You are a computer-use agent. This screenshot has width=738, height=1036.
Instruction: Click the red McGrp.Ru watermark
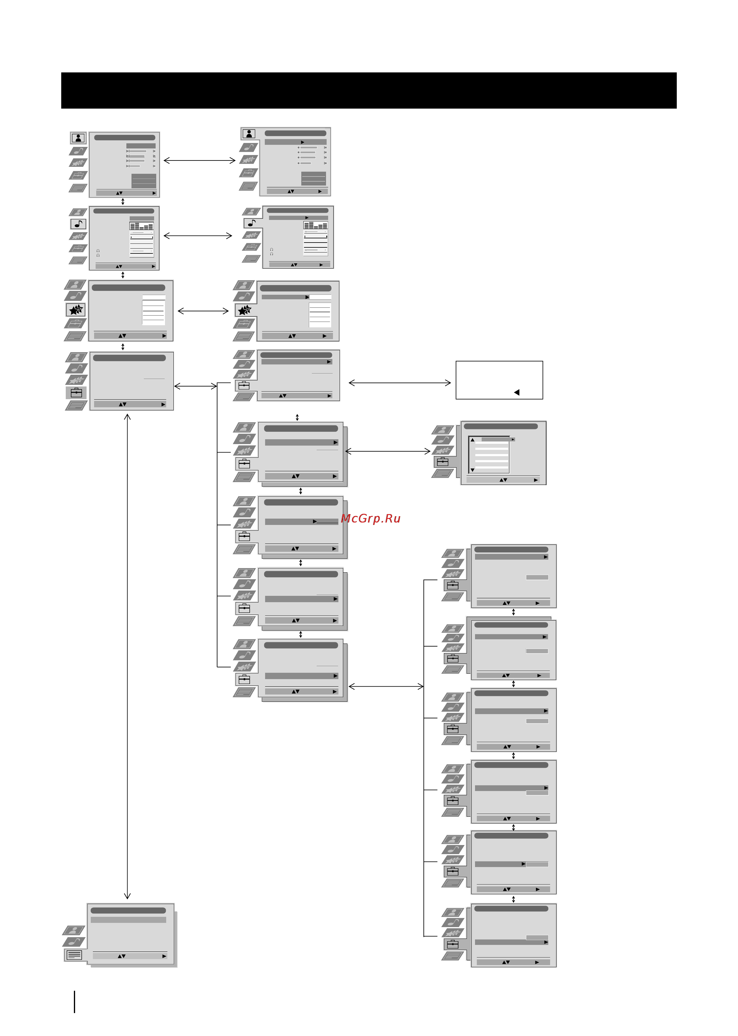point(370,518)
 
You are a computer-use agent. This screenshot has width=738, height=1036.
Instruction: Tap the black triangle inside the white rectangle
point(517,392)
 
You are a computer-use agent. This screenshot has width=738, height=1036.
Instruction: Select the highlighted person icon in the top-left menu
point(78,138)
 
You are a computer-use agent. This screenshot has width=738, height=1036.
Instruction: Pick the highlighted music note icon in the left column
point(78,224)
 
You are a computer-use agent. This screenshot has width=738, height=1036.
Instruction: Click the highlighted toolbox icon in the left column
point(76,392)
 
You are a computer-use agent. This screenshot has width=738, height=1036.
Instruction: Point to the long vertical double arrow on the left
point(127,656)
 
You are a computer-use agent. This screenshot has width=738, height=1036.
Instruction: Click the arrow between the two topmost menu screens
point(199,160)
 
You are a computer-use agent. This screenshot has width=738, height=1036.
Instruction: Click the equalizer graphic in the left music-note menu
point(141,226)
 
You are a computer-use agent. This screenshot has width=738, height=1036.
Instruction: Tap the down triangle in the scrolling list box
point(473,470)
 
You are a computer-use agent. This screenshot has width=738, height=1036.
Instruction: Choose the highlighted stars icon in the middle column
point(245,310)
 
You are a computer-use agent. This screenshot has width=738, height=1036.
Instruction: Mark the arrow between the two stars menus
point(203,311)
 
